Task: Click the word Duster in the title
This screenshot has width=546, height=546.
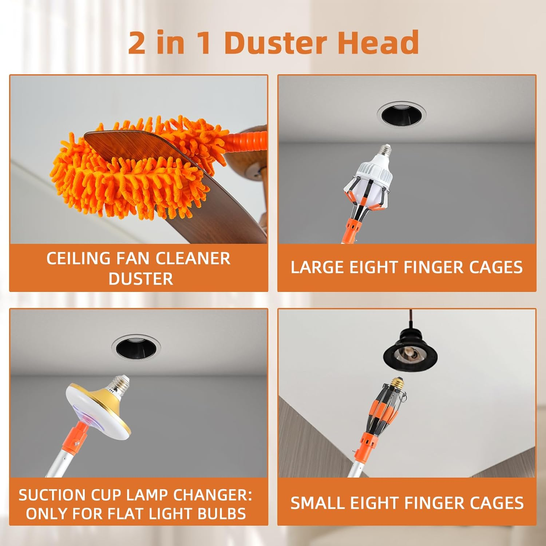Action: [x=276, y=43]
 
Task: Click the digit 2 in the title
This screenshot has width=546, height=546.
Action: [x=136, y=43]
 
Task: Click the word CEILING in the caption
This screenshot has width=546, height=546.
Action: [x=78, y=258]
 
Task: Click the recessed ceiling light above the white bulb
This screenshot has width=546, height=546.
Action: [x=402, y=114]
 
